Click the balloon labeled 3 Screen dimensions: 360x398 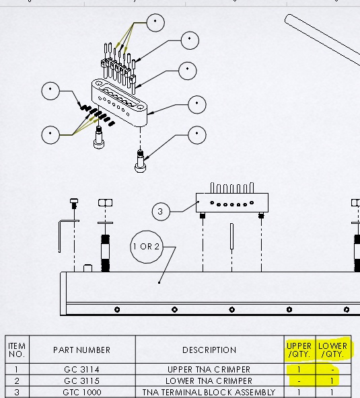(x=161, y=211)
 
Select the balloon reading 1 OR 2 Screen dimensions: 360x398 (x=146, y=247)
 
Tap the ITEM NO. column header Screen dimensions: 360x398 (x=17, y=350)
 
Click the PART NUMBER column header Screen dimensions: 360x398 (x=82, y=350)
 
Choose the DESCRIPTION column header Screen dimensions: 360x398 (x=209, y=350)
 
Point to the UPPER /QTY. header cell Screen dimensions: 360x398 (x=299, y=350)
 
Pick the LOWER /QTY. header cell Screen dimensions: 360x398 (x=332, y=350)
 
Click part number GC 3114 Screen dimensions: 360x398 (x=82, y=369)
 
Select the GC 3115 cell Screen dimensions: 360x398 (x=82, y=381)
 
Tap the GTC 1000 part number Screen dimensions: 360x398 (x=82, y=392)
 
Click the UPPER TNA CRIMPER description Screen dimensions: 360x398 (x=209, y=369)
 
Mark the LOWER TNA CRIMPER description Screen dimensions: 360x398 (x=209, y=381)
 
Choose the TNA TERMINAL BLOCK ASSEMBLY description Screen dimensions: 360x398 (x=209, y=392)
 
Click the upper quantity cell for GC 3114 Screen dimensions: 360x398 (x=299, y=369)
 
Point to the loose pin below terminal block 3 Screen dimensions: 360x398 (x=231, y=236)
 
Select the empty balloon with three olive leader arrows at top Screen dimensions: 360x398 (x=155, y=23)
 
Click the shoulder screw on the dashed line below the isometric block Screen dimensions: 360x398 (x=140, y=161)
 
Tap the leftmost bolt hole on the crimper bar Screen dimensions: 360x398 (x=117, y=309)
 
